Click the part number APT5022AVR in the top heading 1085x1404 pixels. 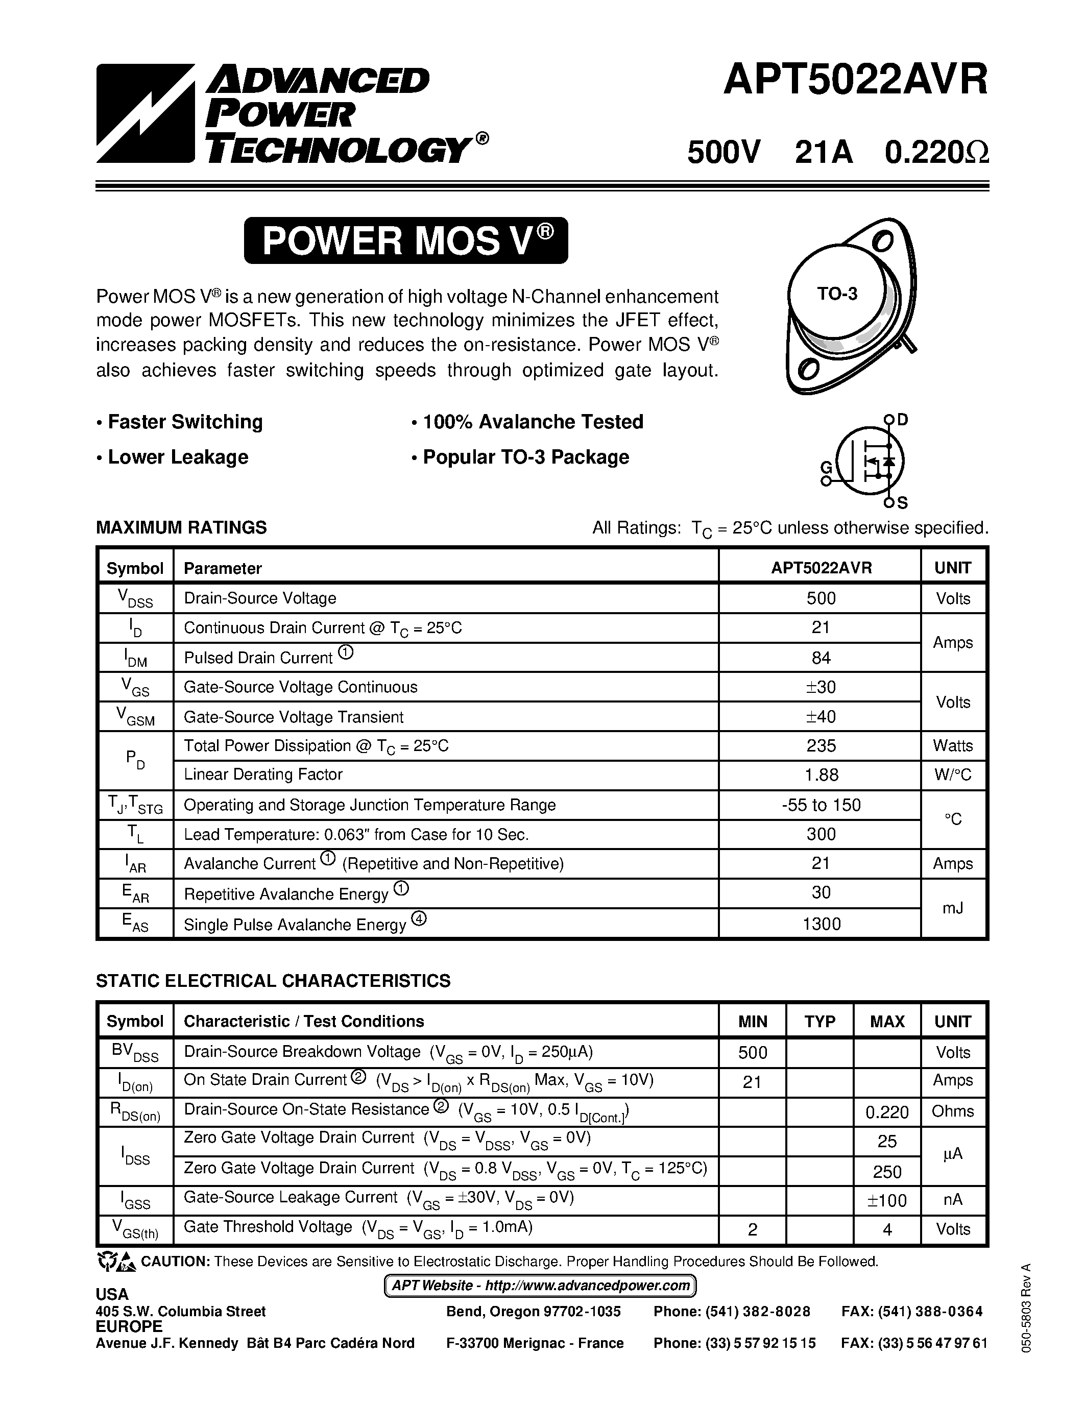pos(855,81)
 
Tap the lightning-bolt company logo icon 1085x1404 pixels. pos(146,113)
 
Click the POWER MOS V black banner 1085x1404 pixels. pos(405,240)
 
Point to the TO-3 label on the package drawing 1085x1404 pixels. pos(837,294)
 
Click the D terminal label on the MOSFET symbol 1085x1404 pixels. pos(902,420)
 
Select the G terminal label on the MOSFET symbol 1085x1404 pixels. pos(827,467)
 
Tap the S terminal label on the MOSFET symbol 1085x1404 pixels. pos(902,503)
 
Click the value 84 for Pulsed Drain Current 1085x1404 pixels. pos(821,658)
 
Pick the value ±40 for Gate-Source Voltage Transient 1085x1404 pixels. pos(821,716)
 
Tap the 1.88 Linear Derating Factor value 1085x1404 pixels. pos(821,774)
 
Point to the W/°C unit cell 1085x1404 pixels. pos(953,774)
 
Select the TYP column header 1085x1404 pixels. pos(819,1022)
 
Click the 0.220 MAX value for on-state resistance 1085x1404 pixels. pos(887,1111)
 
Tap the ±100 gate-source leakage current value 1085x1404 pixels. pos(887,1200)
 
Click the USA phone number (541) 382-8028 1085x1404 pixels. pos(732,1312)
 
